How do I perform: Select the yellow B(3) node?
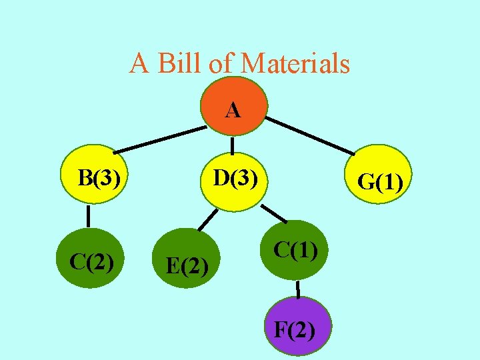click(96, 178)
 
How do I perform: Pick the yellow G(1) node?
click(379, 179)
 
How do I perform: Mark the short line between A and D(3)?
click(232, 146)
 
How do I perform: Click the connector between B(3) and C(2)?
click(88, 216)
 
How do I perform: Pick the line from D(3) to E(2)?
click(208, 219)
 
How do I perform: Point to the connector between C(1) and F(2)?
click(298, 289)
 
